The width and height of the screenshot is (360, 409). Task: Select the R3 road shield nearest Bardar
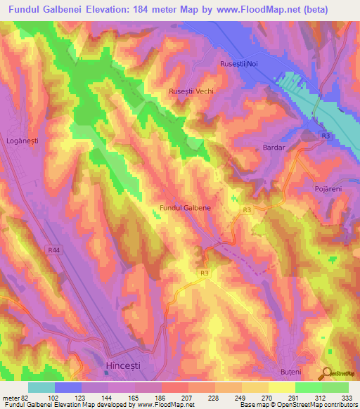tap(326, 135)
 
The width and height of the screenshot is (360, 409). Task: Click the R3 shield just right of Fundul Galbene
tap(246, 209)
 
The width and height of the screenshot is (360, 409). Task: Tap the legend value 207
tap(188, 397)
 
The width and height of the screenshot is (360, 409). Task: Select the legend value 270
tap(268, 397)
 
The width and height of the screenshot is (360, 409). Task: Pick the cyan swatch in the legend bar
tap(41, 387)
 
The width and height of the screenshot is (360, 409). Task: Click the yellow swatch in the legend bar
tap(282, 387)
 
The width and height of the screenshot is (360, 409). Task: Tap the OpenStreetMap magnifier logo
tap(326, 375)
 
